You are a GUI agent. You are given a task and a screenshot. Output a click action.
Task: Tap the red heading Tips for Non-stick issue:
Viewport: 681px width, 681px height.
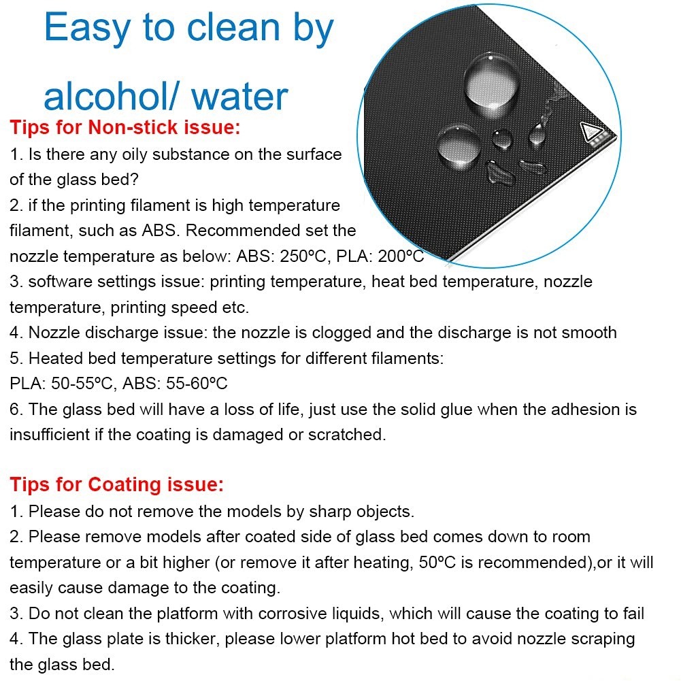tap(125, 127)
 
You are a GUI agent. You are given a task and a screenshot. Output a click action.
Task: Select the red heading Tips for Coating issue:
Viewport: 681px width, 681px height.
tap(117, 484)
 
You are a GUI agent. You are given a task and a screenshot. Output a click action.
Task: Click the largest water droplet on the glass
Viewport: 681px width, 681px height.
tap(492, 84)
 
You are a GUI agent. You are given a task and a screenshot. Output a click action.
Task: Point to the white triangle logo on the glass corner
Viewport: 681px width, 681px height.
tap(591, 131)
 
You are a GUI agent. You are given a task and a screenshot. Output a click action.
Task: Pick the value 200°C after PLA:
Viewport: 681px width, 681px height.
tap(401, 256)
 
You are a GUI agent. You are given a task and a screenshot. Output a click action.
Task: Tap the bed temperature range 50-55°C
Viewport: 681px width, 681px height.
tap(82, 384)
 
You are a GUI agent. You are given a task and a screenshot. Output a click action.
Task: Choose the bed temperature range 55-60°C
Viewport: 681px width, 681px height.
tap(197, 384)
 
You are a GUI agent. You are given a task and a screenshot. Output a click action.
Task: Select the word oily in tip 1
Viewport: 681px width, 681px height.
tap(135, 155)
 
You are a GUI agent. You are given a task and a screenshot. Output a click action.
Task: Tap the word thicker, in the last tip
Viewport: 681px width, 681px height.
tap(193, 639)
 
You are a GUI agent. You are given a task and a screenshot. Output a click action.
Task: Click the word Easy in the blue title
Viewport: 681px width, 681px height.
tap(87, 28)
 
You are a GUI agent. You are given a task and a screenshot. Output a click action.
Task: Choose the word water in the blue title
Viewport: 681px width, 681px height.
tap(239, 97)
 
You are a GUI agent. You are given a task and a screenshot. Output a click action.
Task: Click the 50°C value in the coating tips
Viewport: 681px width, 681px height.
tap(437, 563)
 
